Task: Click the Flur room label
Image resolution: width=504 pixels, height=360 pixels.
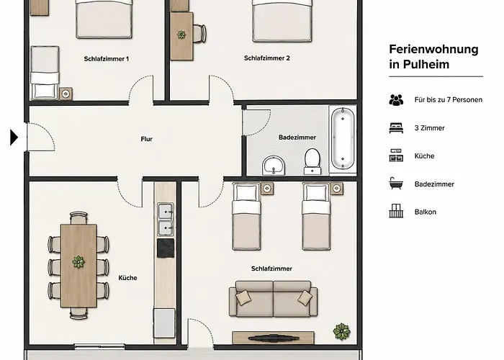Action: click(x=147, y=139)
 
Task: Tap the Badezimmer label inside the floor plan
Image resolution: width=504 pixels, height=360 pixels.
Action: click(x=297, y=138)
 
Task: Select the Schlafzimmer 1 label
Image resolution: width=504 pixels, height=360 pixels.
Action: click(x=107, y=59)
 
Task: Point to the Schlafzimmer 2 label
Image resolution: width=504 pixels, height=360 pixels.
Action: click(x=267, y=58)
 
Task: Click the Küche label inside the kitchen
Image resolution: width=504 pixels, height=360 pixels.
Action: click(x=127, y=278)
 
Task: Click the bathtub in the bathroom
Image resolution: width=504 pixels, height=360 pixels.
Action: click(x=343, y=139)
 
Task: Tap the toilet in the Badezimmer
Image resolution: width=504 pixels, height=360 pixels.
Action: click(x=312, y=161)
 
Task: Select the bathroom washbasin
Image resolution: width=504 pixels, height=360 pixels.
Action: click(x=274, y=165)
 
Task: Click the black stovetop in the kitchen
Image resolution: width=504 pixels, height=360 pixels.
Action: click(x=166, y=248)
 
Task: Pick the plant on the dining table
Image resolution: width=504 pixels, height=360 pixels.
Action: click(x=78, y=262)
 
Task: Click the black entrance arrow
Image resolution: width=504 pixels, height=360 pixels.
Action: click(x=14, y=138)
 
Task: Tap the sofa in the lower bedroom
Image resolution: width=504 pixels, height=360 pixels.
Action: click(x=273, y=299)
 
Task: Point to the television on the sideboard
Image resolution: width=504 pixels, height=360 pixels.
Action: click(x=273, y=338)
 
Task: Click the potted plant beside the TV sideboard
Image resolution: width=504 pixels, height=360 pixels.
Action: click(x=341, y=331)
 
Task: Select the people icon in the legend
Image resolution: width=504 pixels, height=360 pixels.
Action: click(x=396, y=100)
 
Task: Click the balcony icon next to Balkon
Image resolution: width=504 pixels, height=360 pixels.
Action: click(x=396, y=211)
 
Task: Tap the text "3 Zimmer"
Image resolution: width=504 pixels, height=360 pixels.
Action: click(x=429, y=128)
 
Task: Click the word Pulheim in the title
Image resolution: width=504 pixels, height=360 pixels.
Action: click(x=426, y=64)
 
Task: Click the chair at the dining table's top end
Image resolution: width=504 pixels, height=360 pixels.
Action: click(x=78, y=217)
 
